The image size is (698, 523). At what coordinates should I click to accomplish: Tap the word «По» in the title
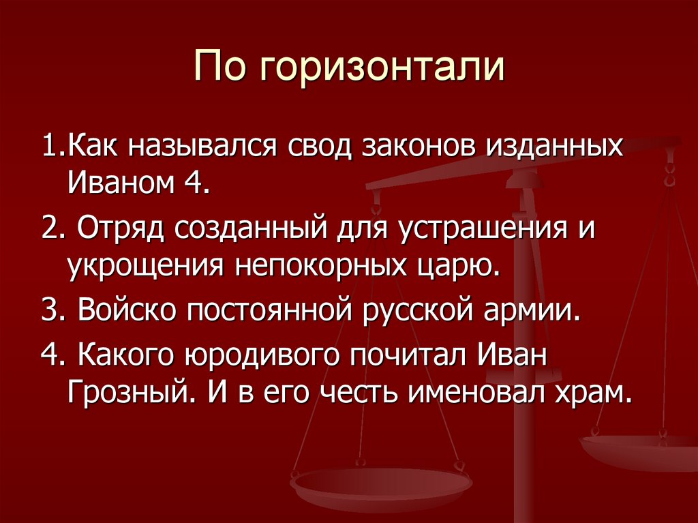coord(218,68)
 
